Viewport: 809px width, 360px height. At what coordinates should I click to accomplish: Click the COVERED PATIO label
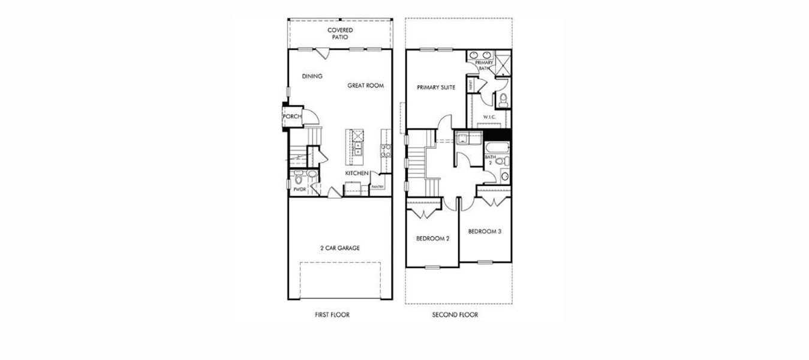pos(340,34)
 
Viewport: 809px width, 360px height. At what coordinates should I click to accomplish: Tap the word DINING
pos(312,76)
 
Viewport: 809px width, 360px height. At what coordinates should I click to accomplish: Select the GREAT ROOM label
pos(365,86)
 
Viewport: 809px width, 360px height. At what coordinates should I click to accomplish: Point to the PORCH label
pos(292,116)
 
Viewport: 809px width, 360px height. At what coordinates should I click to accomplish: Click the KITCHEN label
pos(356,173)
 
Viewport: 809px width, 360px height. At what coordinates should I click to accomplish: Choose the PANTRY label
pos(377,187)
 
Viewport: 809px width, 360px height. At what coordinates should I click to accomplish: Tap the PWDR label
pos(299,189)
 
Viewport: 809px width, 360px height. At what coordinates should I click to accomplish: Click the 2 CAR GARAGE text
pos(339,248)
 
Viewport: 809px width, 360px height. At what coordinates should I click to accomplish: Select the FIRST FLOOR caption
pos(332,315)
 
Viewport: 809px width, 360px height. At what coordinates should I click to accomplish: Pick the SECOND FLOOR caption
pos(455,315)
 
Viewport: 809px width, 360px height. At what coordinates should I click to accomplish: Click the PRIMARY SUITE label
pos(436,88)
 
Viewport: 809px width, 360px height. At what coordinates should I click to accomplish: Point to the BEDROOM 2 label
pos(433,239)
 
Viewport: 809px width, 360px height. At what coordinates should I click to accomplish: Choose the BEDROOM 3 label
pos(485,232)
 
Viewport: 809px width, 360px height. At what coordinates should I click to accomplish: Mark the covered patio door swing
pos(323,54)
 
